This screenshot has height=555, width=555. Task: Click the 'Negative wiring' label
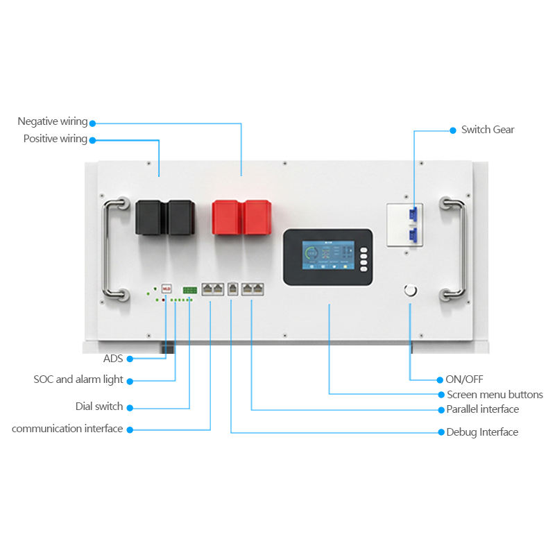(x=53, y=121)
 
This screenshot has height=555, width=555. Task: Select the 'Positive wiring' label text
(x=55, y=139)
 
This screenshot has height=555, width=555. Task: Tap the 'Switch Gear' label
(x=488, y=130)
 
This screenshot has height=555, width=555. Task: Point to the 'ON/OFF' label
(x=464, y=379)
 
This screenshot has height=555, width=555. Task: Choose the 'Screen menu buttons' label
(x=495, y=395)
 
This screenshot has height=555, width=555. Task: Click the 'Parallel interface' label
(x=482, y=409)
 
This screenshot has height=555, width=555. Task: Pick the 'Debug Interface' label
(x=482, y=432)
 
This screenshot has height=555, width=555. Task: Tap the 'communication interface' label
(x=67, y=429)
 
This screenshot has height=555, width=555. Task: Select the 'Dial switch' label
(x=99, y=407)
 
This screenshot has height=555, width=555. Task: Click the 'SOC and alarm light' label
(x=78, y=379)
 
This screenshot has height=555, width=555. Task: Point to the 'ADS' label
(x=113, y=359)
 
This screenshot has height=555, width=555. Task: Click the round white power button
(x=410, y=291)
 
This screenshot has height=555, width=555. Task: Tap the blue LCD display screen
(x=328, y=255)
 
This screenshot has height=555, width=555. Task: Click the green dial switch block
(x=189, y=290)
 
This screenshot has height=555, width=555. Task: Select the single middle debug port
(x=232, y=289)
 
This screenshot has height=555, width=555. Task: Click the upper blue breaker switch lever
(x=413, y=214)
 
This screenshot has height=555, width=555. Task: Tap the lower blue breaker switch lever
(x=413, y=236)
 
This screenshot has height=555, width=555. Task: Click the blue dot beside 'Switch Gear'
(x=453, y=130)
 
